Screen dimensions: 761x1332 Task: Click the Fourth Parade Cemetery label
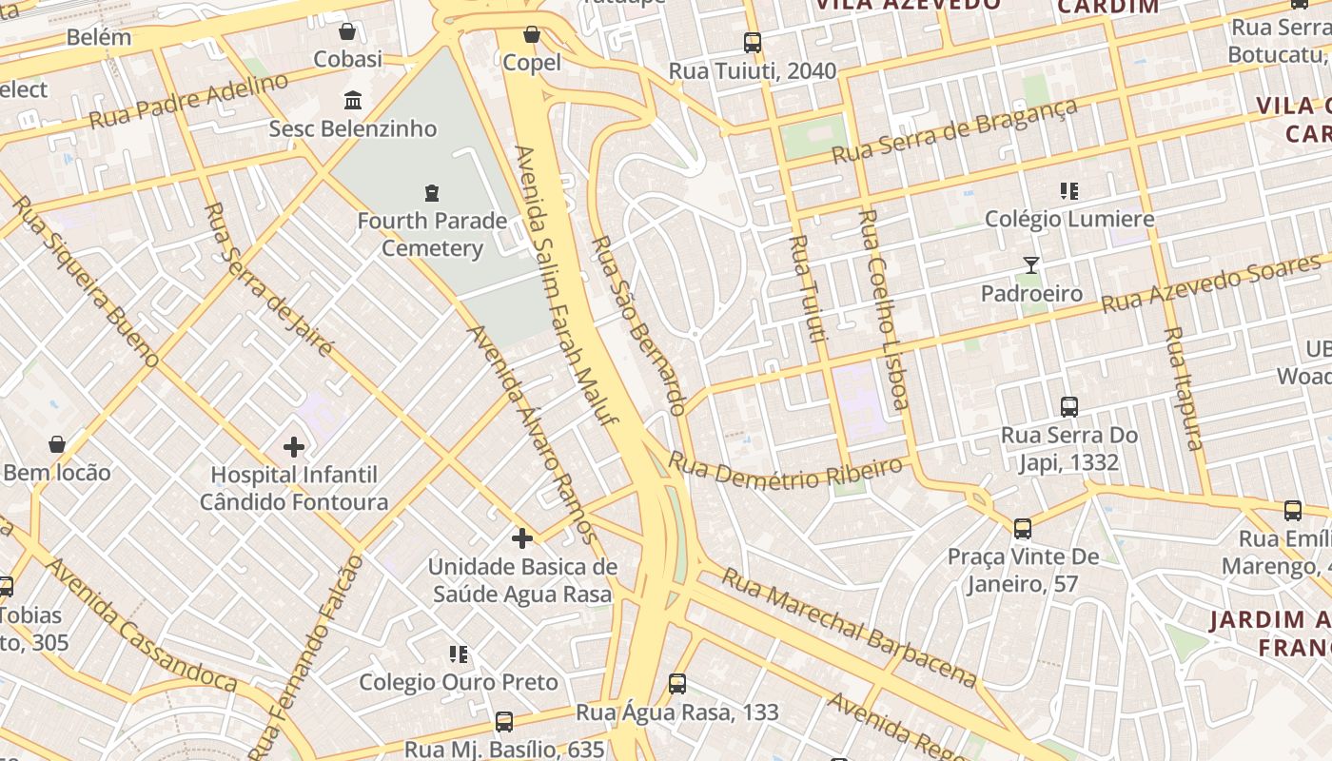pos(432,235)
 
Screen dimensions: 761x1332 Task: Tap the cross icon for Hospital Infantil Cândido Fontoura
pos(294,445)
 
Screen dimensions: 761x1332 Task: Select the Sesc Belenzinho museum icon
pos(353,100)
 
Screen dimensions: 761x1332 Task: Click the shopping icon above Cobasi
pos(347,31)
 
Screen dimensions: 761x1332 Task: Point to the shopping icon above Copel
pos(532,35)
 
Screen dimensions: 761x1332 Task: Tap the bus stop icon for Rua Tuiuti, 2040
pos(753,43)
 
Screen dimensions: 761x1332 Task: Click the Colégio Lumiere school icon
pos(1069,191)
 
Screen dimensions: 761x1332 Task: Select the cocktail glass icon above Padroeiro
pos(1031,265)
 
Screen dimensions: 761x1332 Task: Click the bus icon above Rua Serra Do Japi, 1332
pos(1069,407)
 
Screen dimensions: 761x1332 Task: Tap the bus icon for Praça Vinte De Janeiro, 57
pos(1023,529)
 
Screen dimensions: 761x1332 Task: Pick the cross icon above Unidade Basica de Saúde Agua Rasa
pos(521,538)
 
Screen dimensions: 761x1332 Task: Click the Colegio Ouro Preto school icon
pos(459,654)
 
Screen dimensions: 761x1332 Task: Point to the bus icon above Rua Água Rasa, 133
pos(677,684)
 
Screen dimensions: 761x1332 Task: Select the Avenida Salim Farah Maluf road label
pos(566,285)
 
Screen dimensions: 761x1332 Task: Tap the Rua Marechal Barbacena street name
pos(848,627)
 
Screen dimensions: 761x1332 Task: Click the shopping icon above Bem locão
pos(57,444)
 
